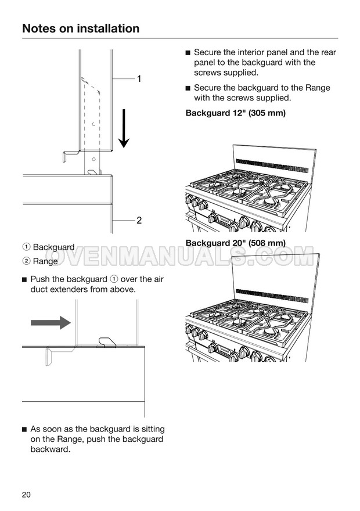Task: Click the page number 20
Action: (26, 495)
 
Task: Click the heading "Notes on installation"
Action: (81, 28)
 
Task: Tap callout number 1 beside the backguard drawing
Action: (139, 79)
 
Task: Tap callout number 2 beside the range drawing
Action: (139, 220)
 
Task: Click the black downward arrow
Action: (124, 128)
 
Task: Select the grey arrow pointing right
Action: (51, 323)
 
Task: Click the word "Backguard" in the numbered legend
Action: (54, 247)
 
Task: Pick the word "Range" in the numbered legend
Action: (45, 261)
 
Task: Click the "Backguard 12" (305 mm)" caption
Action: (236, 113)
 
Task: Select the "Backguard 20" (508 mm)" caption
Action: (236, 243)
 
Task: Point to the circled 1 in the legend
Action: (26, 247)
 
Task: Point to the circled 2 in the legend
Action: (26, 261)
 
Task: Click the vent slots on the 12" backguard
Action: (272, 166)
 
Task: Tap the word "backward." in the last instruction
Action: (50, 449)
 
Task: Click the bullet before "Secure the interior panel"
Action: (188, 53)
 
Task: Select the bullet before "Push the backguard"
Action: (24, 280)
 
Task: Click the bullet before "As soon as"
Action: (24, 430)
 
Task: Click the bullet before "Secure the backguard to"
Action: (188, 88)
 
